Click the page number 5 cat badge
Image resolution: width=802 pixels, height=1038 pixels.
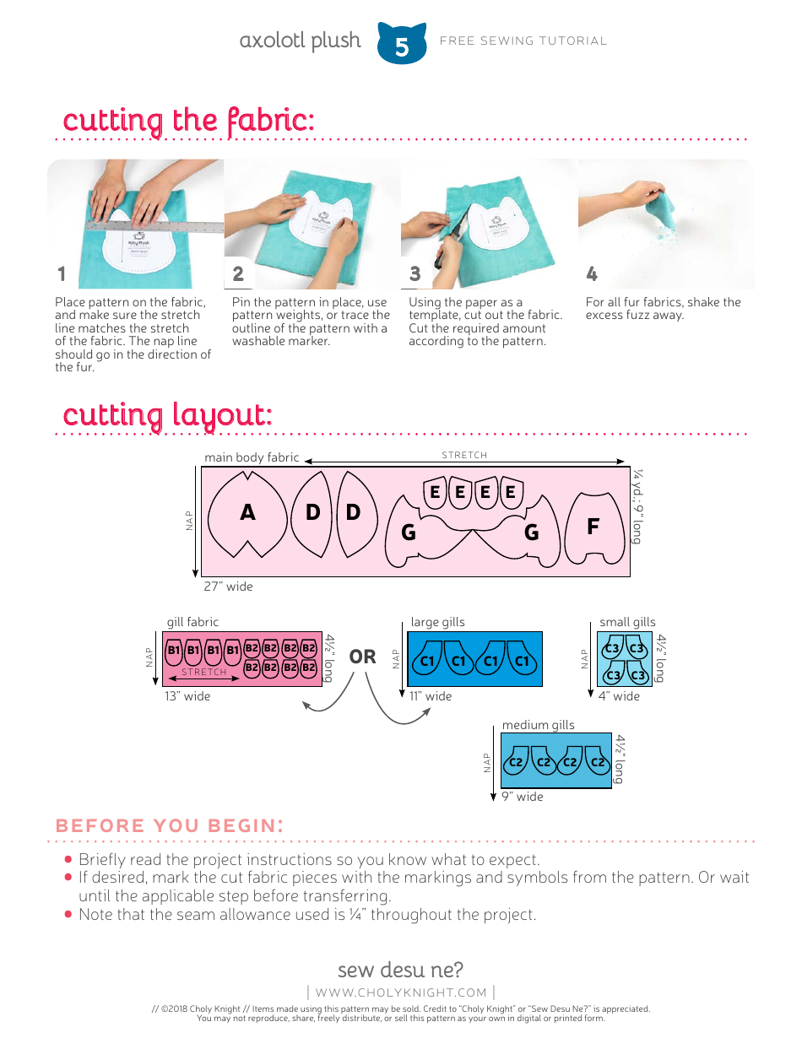point(401,45)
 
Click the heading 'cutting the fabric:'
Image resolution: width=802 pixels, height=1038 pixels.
point(188,121)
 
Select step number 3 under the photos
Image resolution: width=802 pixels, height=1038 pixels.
point(415,273)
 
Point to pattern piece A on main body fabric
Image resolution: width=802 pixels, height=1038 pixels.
point(247,512)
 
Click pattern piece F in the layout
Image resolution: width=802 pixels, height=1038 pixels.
point(593,527)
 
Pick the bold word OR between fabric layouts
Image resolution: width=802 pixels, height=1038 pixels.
point(362,657)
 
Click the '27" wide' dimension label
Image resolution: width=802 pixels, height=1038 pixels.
point(228,587)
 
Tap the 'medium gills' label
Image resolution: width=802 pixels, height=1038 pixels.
point(538,725)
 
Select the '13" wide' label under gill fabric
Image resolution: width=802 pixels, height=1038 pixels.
point(187,696)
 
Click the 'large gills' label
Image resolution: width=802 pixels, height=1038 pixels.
point(437,623)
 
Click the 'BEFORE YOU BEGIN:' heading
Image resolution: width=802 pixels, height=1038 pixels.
point(169,826)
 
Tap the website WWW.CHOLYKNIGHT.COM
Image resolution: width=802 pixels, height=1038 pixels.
point(401,992)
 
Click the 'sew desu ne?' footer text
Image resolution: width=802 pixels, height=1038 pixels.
point(400,969)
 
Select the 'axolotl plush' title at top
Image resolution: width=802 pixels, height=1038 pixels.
point(300,41)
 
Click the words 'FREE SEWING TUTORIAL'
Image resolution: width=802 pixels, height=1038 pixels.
point(523,41)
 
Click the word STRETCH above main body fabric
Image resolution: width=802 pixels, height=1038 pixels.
point(464,456)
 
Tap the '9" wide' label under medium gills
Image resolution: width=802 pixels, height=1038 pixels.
point(523,797)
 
